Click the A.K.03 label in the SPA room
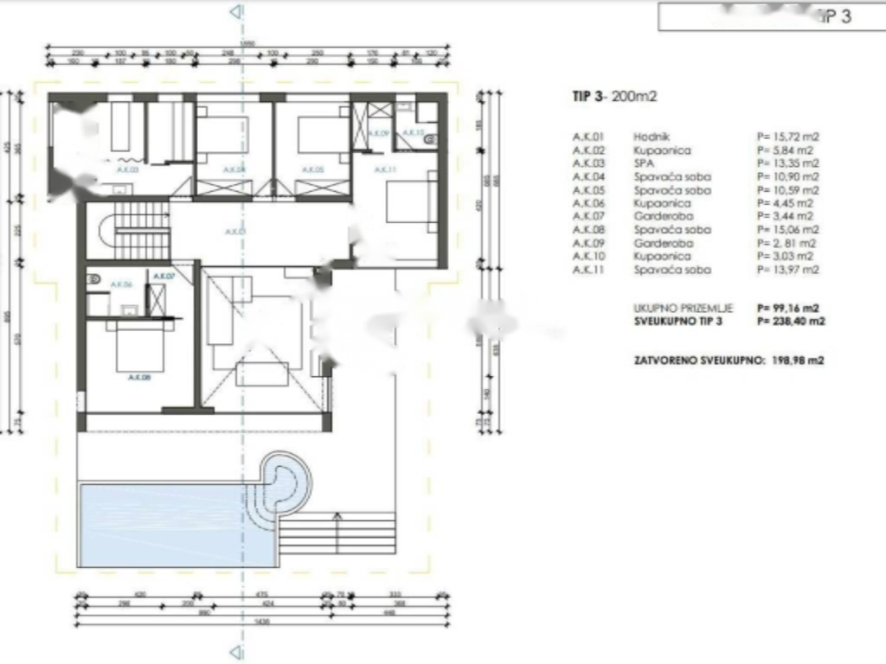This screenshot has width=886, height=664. click(127, 170)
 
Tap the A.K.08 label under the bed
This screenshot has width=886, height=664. click(141, 377)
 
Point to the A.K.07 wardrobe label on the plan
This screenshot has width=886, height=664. click(164, 276)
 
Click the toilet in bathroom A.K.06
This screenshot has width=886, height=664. click(94, 279)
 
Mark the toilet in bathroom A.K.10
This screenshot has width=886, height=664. click(430, 136)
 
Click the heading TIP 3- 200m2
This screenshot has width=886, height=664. click(614, 97)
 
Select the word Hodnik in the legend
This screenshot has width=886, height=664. click(649, 137)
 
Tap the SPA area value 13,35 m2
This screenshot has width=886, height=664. click(788, 163)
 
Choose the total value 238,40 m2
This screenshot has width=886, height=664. click(791, 321)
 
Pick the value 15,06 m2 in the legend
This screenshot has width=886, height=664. click(788, 230)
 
